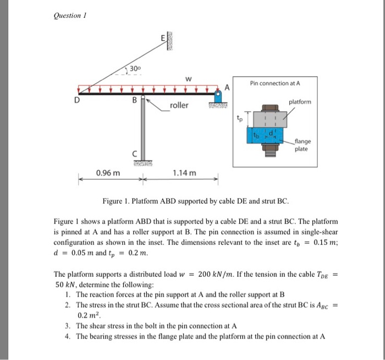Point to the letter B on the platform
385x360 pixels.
[134, 101]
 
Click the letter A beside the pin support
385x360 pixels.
[225, 87]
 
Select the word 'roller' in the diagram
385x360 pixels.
[179, 105]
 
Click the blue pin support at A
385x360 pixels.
[218, 98]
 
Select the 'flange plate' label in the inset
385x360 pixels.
[302, 145]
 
